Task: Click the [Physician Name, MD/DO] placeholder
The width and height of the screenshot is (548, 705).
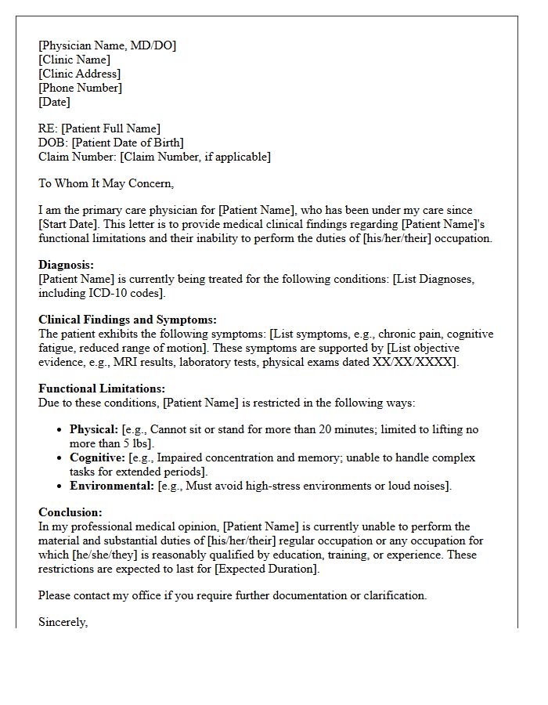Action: tap(107, 45)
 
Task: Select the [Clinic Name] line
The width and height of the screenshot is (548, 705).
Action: tap(74, 60)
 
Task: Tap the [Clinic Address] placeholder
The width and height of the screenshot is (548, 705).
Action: tap(80, 74)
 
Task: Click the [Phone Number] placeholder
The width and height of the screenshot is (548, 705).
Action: tap(80, 88)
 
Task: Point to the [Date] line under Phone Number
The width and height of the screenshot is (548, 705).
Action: tap(54, 102)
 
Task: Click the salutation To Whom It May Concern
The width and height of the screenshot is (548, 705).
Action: tap(106, 183)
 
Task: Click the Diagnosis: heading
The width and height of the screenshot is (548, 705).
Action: tap(66, 265)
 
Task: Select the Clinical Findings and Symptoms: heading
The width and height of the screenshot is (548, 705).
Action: tap(128, 320)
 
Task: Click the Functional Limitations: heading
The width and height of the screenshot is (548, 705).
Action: tap(102, 389)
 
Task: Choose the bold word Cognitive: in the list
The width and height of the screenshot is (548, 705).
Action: tap(97, 457)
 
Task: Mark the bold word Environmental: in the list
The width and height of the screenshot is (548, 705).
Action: tap(112, 486)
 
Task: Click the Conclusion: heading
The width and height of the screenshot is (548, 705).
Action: tap(70, 512)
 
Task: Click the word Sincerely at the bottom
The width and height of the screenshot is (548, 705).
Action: tap(63, 622)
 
